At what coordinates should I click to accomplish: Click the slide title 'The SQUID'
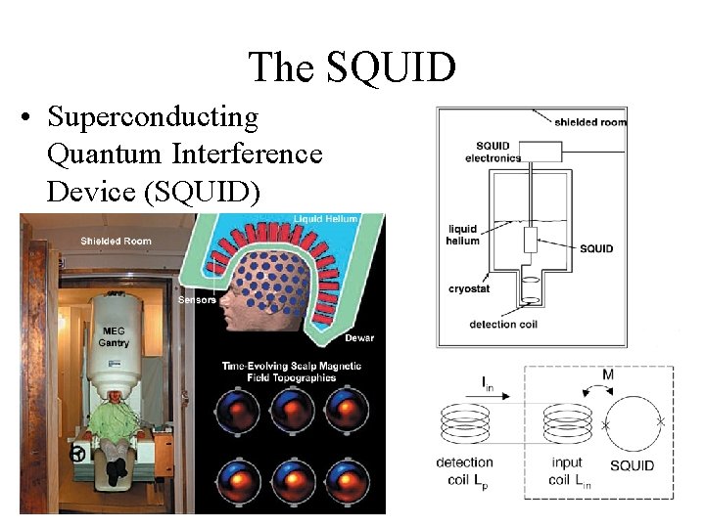pos(352,67)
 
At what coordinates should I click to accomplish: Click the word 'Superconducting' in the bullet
pos(153,118)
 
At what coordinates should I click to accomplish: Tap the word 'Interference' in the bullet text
pos(247,154)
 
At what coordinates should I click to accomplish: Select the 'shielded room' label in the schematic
pos(590,122)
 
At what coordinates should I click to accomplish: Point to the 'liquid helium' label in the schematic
pos(463,235)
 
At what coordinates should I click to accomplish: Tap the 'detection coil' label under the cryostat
pos(505,325)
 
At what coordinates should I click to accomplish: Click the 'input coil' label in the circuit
pos(565,469)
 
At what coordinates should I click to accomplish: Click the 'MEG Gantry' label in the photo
pos(114,336)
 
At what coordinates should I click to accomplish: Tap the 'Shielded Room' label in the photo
pos(116,241)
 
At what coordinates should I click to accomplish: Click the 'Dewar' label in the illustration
pos(359,337)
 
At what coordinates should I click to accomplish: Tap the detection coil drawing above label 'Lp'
pos(464,423)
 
